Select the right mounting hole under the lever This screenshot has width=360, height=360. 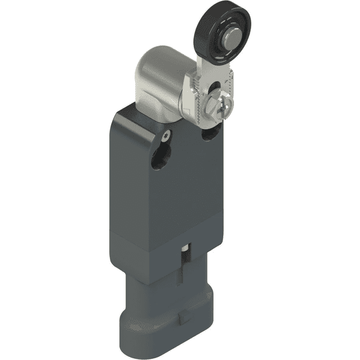point(208,135)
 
